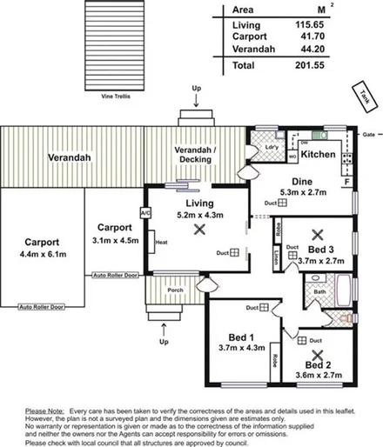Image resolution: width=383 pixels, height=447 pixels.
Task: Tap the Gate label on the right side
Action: pos(368,135)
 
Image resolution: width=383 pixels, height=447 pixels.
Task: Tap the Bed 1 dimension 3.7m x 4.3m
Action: pos(237,348)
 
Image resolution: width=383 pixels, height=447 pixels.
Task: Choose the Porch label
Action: pos(174,290)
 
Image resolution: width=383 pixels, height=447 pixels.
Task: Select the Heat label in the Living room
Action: pos(160,242)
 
